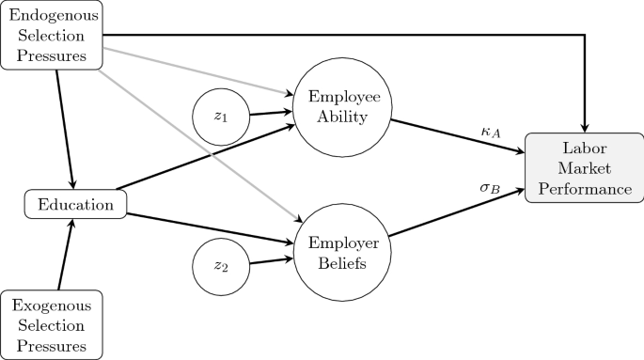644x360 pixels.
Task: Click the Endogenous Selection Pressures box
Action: (x=52, y=36)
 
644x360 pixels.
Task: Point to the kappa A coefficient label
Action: (x=490, y=133)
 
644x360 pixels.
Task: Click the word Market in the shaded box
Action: (x=584, y=169)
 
